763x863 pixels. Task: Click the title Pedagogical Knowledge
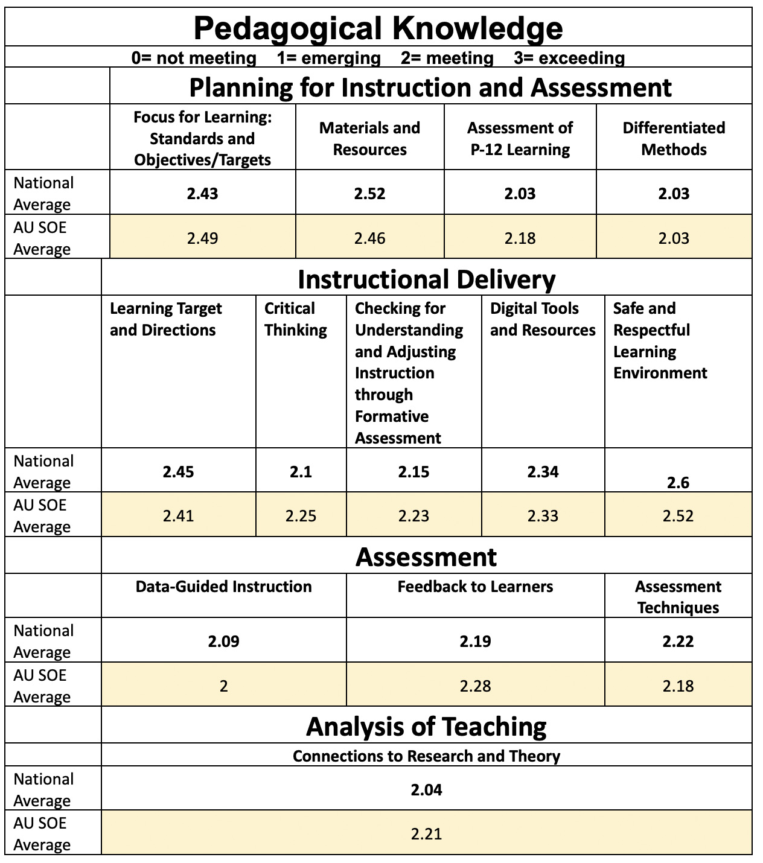point(378,28)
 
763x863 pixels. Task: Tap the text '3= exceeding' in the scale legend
point(569,58)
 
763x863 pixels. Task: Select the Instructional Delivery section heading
point(426,279)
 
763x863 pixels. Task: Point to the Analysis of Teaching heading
point(426,727)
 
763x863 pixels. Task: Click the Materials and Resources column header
point(369,139)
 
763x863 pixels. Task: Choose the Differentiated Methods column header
point(674,139)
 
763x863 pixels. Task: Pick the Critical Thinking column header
point(295,319)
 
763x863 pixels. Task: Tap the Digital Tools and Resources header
point(542,319)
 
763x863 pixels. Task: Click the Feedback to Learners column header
point(475,587)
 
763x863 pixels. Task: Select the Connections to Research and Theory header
point(426,756)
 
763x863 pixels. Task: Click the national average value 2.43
point(202,194)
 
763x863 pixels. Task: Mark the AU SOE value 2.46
point(369,238)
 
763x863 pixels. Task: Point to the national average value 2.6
point(678,483)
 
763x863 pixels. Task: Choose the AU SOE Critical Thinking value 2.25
point(301,516)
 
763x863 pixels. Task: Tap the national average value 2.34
point(543,472)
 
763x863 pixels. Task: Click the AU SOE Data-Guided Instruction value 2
point(223,686)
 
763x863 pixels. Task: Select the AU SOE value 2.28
point(475,686)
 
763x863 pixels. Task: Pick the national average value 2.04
point(426,790)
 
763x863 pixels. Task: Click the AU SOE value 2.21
point(426,834)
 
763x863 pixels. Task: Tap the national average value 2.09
point(223,642)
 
